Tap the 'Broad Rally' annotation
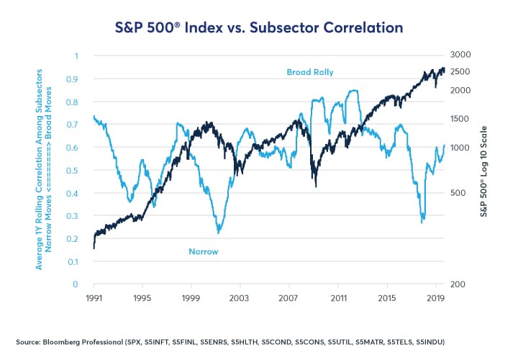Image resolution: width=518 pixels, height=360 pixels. tap(309, 72)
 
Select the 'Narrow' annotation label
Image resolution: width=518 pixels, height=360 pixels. tap(203, 251)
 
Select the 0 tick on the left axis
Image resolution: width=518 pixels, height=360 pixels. tap(76, 284)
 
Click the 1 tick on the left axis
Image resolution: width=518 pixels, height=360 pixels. tap(76, 55)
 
